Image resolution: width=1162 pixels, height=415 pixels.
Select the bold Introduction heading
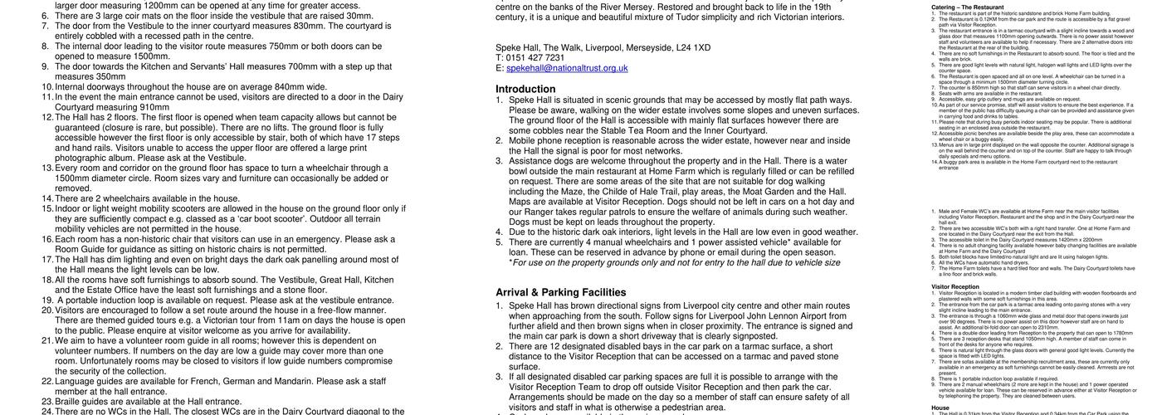[x=525, y=89]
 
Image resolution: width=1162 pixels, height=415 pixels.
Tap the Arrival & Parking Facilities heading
[x=561, y=292]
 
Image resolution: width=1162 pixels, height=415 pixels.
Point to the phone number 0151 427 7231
[x=537, y=57]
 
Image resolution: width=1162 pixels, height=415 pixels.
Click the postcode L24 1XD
[x=693, y=47]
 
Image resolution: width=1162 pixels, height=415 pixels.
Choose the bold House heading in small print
[x=940, y=408]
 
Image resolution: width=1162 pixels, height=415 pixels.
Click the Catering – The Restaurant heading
[x=968, y=7]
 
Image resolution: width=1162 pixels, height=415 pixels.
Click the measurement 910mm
[x=154, y=106]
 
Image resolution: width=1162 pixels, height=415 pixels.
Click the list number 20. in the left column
[x=47, y=310]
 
